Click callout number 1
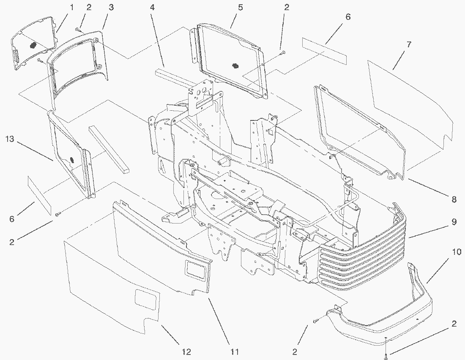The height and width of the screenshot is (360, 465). [x=72, y=7]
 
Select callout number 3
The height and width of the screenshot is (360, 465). [x=111, y=7]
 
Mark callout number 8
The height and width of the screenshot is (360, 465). [x=454, y=200]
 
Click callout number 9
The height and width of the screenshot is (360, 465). [x=454, y=222]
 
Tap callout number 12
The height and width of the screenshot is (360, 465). [x=186, y=352]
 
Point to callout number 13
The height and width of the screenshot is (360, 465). [x=11, y=139]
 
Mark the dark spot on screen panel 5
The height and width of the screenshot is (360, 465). [x=235, y=65]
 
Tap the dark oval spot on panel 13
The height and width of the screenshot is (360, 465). [x=71, y=160]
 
